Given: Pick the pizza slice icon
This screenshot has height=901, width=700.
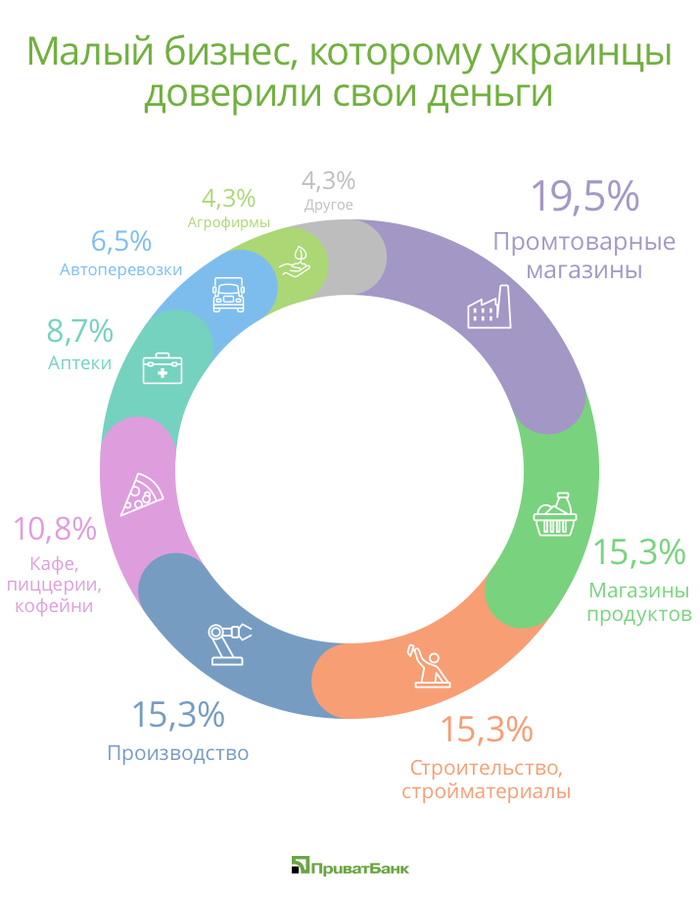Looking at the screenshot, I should click(142, 495).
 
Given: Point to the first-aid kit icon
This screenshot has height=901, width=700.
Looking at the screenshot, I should click(163, 368).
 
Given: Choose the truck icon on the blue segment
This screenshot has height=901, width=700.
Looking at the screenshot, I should click(227, 293).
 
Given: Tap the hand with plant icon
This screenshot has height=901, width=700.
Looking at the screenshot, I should click(295, 261).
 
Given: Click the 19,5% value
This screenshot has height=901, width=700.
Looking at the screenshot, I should click(584, 196).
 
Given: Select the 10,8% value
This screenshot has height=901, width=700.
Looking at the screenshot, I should click(54, 529).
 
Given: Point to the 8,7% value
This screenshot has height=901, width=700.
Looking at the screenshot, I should click(80, 332).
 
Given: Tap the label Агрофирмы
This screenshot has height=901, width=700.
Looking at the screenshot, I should click(229, 222).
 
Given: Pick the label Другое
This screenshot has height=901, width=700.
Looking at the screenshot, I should click(328, 205).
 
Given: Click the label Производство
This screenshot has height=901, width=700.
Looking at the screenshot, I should click(177, 753).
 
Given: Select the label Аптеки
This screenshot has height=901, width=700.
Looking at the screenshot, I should click(79, 363).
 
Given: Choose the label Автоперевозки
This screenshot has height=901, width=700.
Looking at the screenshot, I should click(121, 269).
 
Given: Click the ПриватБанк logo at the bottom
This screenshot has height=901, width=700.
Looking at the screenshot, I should click(350, 866).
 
